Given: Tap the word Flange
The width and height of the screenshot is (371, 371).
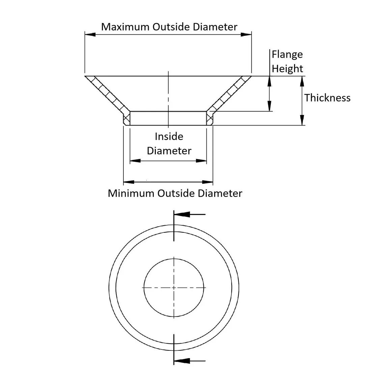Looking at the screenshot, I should click(x=287, y=54).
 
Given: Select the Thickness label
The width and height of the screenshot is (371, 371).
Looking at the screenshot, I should click(x=327, y=98).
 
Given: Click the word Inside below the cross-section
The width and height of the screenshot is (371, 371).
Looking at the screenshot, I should click(x=169, y=137).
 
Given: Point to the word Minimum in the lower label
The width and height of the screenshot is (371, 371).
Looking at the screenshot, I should click(x=131, y=194).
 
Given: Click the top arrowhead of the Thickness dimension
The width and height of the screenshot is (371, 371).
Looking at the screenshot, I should click(x=302, y=81).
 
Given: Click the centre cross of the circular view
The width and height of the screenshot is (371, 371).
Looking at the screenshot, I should click(x=174, y=288).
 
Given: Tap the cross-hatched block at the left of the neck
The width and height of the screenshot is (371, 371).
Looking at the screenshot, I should click(x=126, y=118).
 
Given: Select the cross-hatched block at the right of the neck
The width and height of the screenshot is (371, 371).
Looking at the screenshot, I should click(x=209, y=118).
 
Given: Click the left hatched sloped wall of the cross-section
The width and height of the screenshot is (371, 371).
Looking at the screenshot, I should click(x=107, y=93).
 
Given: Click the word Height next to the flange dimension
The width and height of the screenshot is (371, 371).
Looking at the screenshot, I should click(x=287, y=69).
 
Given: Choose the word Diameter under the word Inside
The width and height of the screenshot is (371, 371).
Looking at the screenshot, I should click(x=169, y=151).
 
